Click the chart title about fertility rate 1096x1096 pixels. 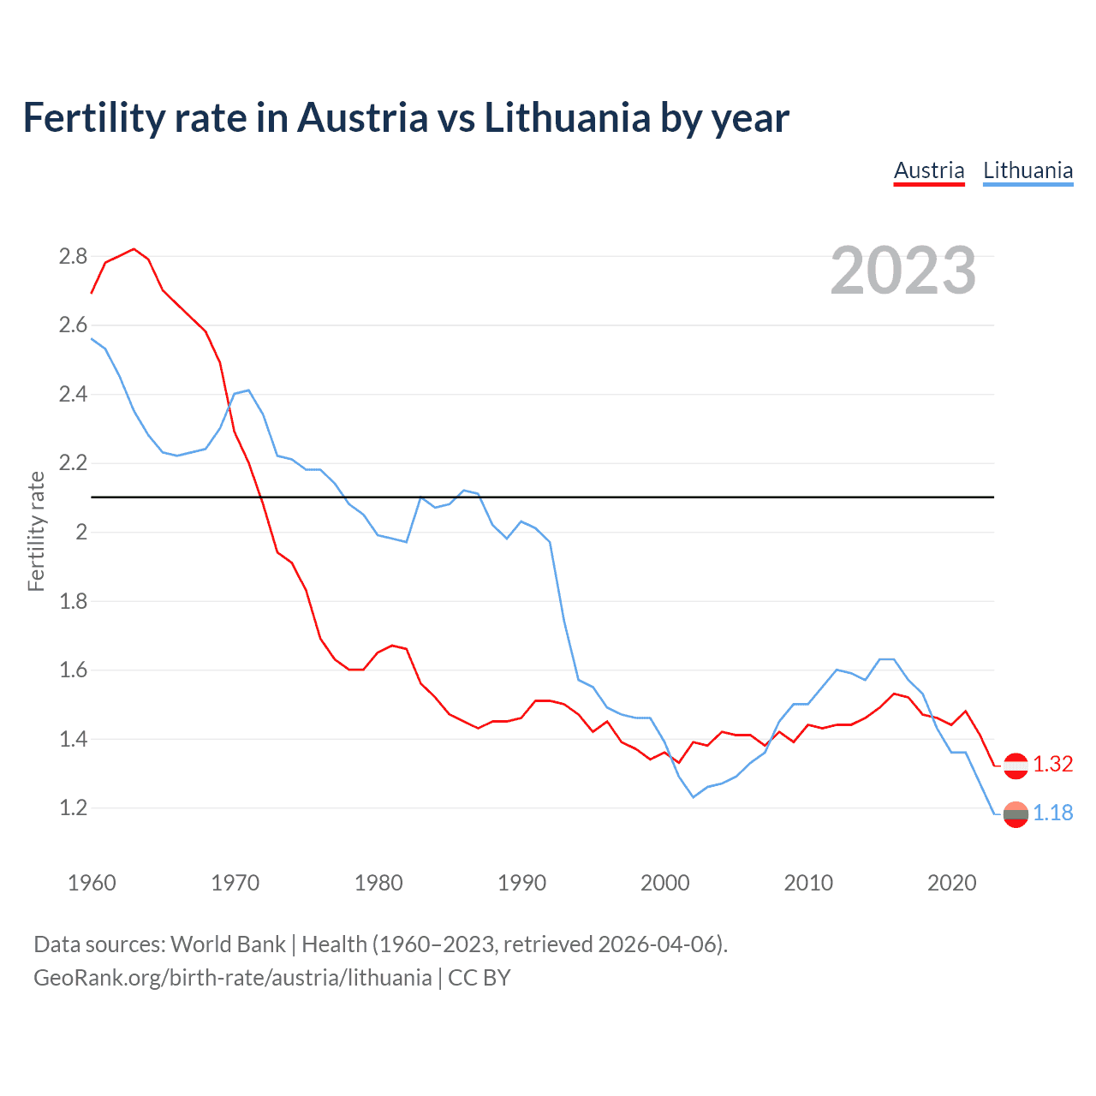405,118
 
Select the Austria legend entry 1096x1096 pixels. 929,170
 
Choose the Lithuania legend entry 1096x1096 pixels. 1027,170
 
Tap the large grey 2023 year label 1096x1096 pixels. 903,271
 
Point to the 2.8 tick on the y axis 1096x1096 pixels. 73,256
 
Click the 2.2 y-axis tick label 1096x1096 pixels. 73,463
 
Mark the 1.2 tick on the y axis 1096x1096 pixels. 73,807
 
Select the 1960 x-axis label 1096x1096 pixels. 92,883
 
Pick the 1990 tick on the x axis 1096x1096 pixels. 521,883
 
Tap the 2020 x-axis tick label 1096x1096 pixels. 951,883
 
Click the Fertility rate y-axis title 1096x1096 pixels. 36,531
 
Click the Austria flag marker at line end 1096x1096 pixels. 1016,765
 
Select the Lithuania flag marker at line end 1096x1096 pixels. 1016,814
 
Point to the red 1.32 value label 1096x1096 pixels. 1052,765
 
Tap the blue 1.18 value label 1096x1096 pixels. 1052,813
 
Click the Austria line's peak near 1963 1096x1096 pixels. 134,249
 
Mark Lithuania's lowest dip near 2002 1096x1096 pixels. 694,797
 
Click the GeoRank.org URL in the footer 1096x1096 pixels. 232,978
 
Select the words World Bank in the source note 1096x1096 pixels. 228,944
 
